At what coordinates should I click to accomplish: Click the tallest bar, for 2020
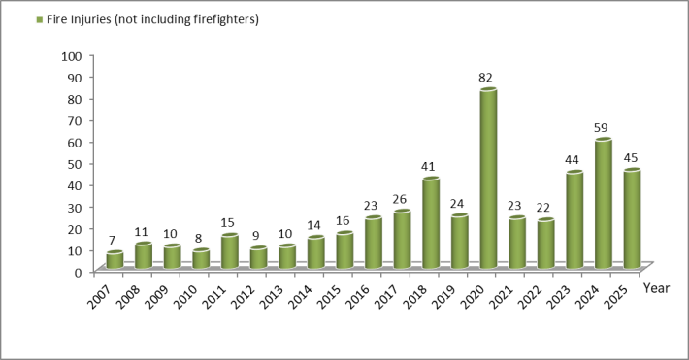point(488,179)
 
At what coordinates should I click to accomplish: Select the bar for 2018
point(431,222)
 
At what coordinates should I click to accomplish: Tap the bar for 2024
point(603,204)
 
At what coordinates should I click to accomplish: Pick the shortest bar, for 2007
point(115,259)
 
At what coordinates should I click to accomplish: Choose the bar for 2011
point(229,250)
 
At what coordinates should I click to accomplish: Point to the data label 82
point(488,78)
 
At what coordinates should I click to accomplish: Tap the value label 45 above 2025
point(632,157)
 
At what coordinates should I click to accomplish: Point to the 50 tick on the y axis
point(72,163)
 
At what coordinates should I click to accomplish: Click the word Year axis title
point(655,288)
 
